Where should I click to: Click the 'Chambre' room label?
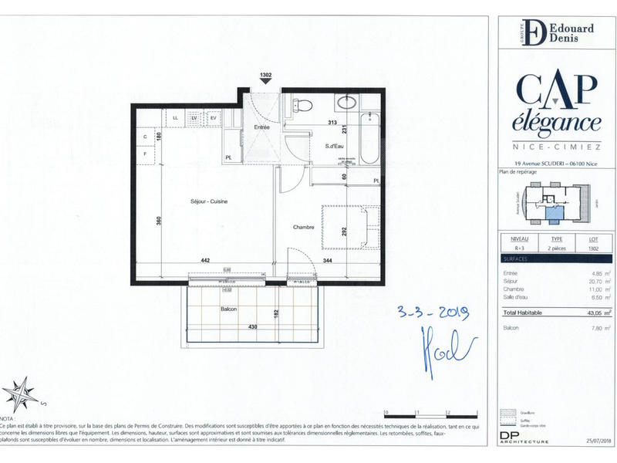[303, 227]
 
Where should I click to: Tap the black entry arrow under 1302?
[265, 83]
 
